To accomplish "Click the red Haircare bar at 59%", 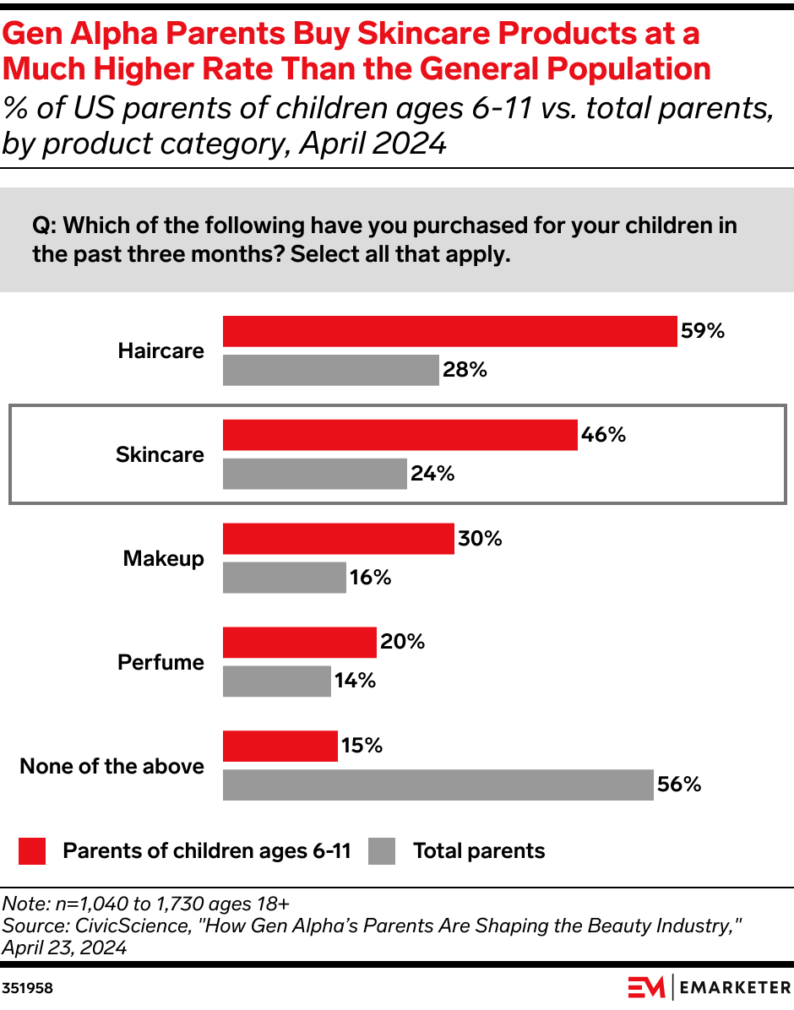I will click(x=449, y=331).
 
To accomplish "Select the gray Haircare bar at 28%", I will click(x=330, y=370).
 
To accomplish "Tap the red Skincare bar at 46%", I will click(x=400, y=435).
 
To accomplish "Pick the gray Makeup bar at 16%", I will click(x=284, y=578).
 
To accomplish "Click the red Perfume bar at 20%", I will click(x=299, y=643).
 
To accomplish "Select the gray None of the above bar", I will click(x=438, y=785).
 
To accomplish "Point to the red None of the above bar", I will click(x=280, y=747).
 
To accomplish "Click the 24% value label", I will click(x=432, y=475).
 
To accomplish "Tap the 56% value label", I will click(x=680, y=785).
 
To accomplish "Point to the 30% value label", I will click(x=479, y=539).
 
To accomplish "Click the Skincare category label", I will click(x=160, y=455).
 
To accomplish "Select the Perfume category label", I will click(x=160, y=663).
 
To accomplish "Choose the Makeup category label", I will click(x=163, y=559).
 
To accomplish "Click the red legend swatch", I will click(x=31, y=851).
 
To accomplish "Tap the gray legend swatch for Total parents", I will click(x=382, y=851).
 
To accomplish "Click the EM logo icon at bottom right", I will click(x=646, y=986).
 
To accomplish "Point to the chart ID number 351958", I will click(x=27, y=987).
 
